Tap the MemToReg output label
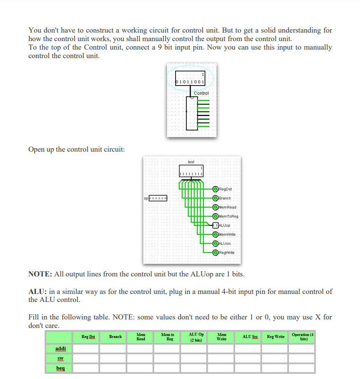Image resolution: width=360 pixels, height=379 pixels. [228, 216]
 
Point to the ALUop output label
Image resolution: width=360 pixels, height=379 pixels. [226, 225]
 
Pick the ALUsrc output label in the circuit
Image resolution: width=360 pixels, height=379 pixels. [226, 243]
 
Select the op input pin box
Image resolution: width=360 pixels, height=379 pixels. [159, 198]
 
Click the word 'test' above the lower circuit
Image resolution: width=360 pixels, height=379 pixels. [191, 162]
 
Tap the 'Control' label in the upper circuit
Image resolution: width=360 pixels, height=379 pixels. [201, 93]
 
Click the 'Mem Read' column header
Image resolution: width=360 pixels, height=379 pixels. [140, 336]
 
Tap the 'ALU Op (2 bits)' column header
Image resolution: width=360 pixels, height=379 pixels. [194, 336]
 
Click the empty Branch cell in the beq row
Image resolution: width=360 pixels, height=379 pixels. [114, 368]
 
